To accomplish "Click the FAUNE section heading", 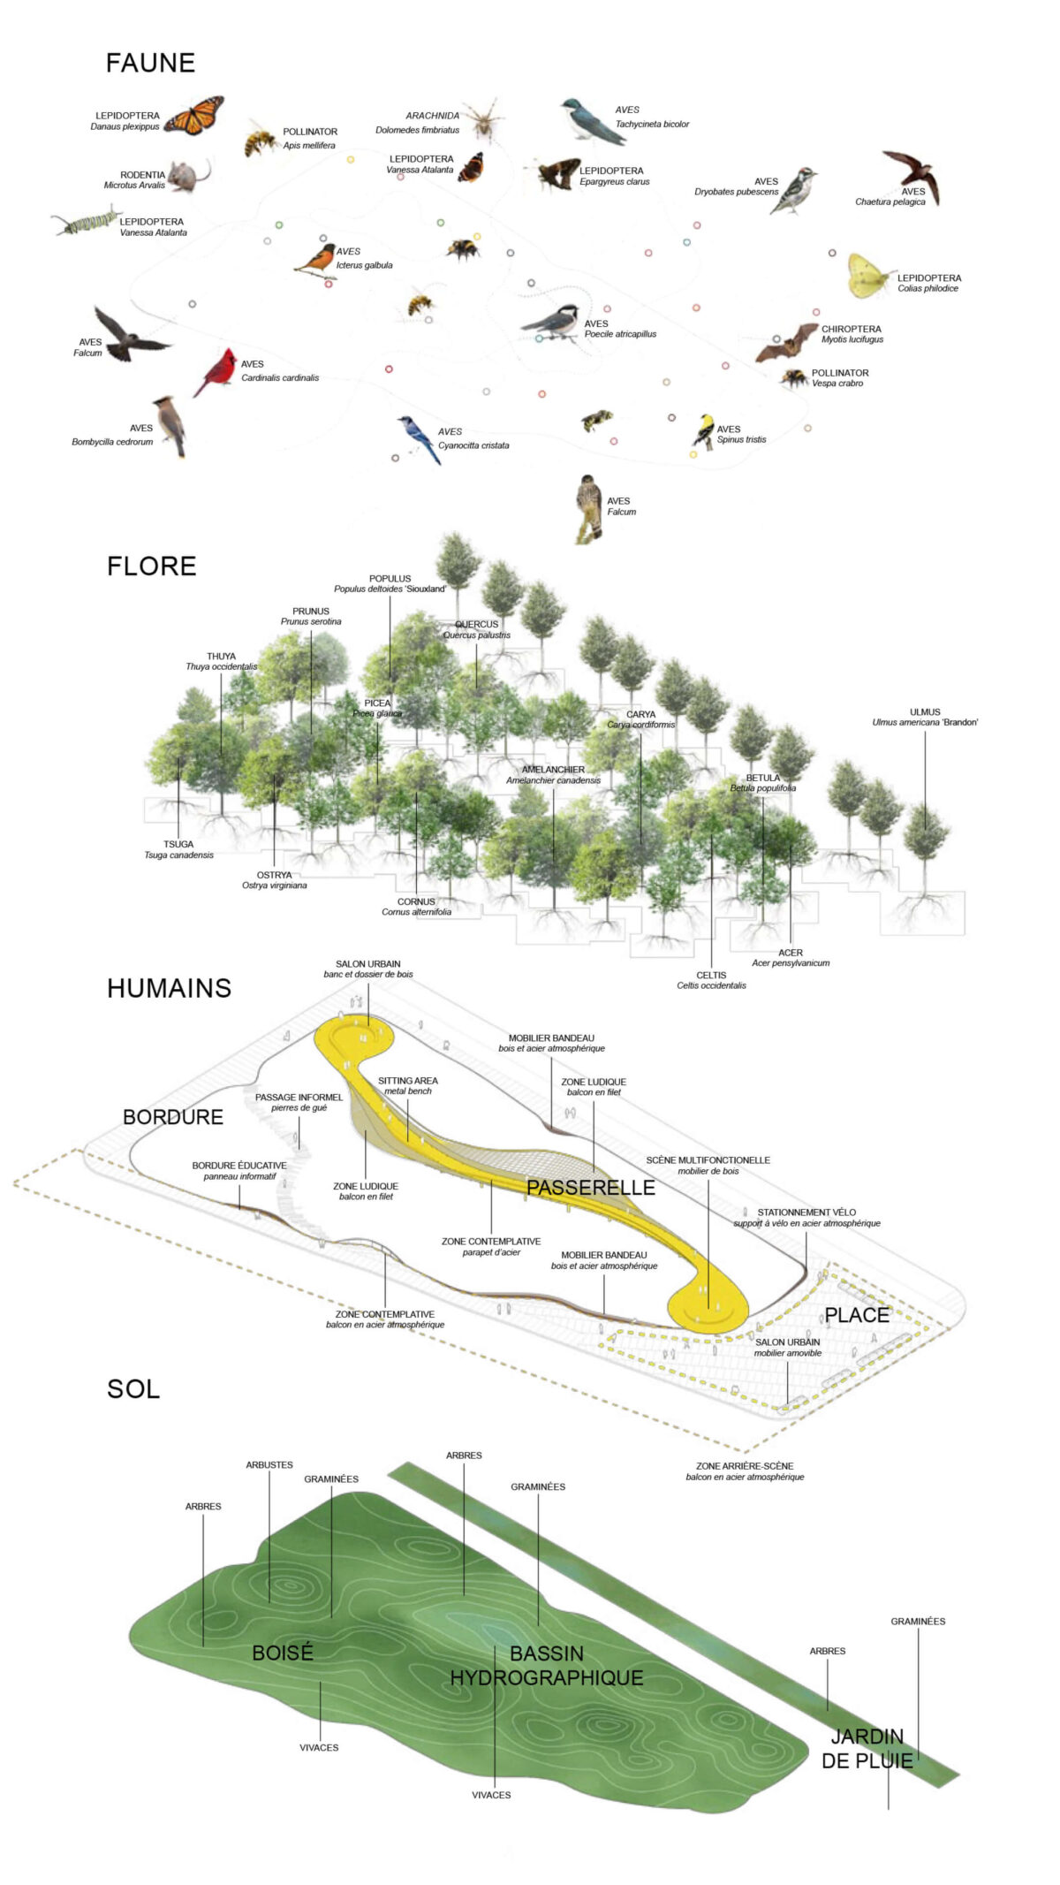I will (x=150, y=63).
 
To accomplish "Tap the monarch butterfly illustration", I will (x=194, y=116).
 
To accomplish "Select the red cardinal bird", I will (x=216, y=372).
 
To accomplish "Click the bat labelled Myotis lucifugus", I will (x=787, y=343).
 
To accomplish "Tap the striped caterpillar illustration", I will (x=86, y=221).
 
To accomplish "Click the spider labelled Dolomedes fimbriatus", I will (x=484, y=120).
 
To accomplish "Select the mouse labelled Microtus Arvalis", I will (x=186, y=176).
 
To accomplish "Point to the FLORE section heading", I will (x=151, y=566).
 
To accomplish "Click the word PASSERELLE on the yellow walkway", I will (x=590, y=1188).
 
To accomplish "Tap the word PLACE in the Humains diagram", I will (x=856, y=1315).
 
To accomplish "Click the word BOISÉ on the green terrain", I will (x=283, y=1653).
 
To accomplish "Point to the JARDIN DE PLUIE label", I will (x=867, y=1749).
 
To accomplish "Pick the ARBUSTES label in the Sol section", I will (x=269, y=1464).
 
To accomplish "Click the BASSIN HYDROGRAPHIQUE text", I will (x=547, y=1666).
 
